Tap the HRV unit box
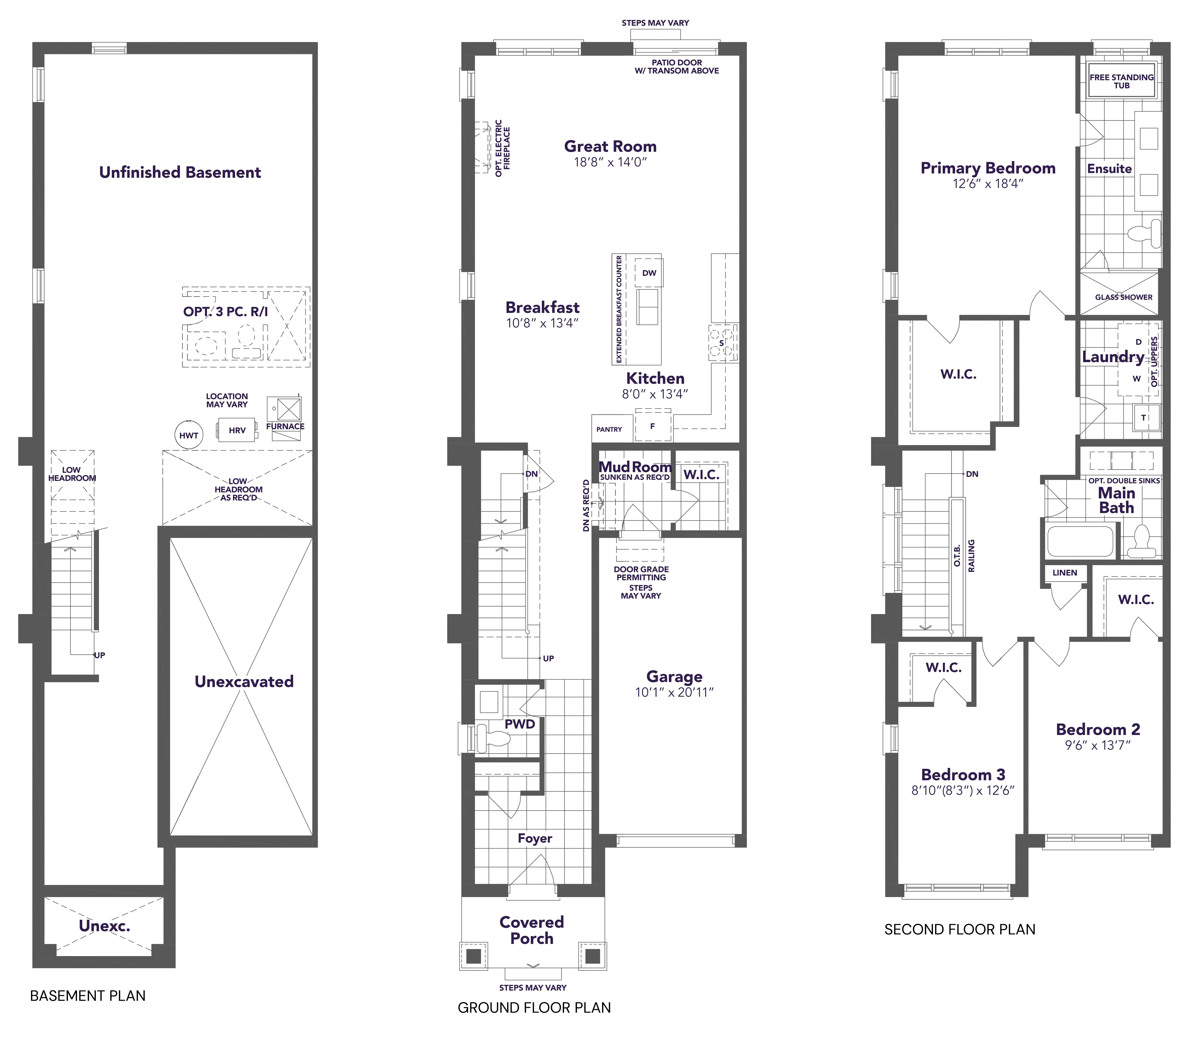(x=237, y=430)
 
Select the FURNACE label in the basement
(x=285, y=427)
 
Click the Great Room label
(x=611, y=146)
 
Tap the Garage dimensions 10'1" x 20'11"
(x=674, y=693)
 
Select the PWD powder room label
(x=520, y=724)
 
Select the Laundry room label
(x=1113, y=357)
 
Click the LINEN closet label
(x=1065, y=573)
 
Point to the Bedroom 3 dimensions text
(x=963, y=790)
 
